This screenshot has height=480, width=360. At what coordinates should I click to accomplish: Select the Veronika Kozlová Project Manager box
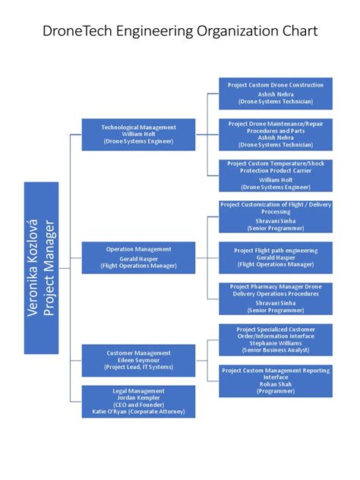(41, 268)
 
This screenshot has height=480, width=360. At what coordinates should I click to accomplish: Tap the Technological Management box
(139, 134)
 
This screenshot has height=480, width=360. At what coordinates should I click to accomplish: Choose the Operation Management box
(139, 257)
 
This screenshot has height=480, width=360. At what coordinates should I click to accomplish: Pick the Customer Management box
(139, 360)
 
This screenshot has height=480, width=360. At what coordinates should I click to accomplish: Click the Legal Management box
(139, 401)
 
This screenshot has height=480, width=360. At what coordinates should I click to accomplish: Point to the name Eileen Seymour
(139, 360)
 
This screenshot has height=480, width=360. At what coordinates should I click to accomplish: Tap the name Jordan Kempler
(139, 397)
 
